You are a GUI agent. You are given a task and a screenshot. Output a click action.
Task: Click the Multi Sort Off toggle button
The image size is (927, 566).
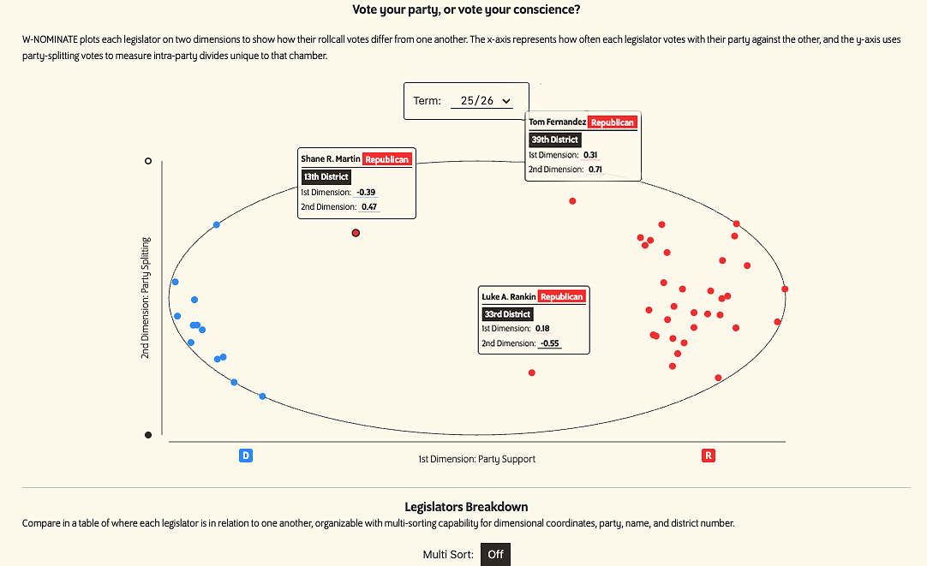click(495, 554)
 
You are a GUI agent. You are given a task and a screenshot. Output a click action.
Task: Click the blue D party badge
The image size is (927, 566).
click(245, 456)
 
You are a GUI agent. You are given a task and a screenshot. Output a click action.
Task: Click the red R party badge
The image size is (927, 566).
click(708, 456)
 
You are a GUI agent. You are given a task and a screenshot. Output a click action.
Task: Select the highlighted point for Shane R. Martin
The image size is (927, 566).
click(356, 232)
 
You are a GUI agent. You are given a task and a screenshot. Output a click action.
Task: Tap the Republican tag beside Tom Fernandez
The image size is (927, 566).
click(613, 122)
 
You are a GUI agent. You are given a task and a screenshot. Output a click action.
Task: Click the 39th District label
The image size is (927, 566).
click(555, 140)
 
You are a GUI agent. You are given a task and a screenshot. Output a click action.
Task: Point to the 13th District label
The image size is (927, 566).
click(326, 177)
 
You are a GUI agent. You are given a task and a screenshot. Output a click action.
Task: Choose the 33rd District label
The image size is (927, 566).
click(506, 314)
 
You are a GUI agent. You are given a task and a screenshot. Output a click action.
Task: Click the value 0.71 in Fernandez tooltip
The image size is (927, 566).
click(595, 170)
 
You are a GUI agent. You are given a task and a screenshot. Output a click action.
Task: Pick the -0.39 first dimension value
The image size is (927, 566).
click(367, 192)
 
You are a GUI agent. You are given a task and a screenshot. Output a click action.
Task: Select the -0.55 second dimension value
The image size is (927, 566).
click(548, 343)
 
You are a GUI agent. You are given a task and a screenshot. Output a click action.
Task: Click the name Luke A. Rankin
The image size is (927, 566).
click(509, 297)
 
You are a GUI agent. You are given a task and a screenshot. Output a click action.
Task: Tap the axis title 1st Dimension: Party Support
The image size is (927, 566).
click(476, 459)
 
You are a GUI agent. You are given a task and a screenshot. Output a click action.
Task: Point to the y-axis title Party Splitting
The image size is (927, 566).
click(146, 297)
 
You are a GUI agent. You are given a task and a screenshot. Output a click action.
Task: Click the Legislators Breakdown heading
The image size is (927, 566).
click(466, 507)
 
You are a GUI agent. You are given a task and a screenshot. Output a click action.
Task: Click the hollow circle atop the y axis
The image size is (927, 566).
click(148, 160)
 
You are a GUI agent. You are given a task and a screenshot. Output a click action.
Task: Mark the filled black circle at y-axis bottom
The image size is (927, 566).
click(148, 435)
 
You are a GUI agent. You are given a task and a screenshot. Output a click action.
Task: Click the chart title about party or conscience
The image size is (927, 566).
click(466, 9)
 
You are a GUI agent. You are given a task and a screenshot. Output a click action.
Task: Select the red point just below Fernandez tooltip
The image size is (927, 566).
click(572, 201)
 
